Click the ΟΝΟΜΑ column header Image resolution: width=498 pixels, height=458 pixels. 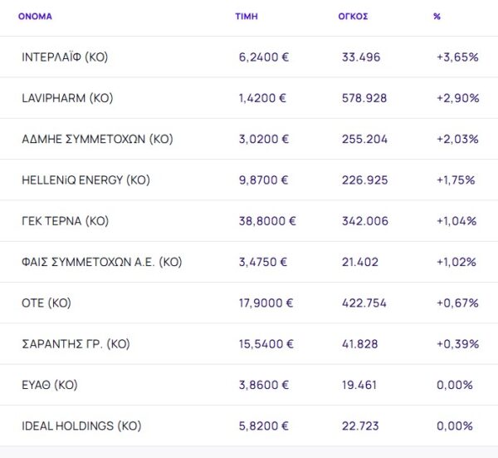35,17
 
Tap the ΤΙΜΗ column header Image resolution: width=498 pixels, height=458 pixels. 247,17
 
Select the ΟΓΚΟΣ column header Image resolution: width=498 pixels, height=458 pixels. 354,17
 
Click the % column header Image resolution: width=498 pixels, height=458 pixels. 437,17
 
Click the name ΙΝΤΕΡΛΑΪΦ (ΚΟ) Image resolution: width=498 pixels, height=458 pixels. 65,57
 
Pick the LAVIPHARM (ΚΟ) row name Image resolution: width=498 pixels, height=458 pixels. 67,98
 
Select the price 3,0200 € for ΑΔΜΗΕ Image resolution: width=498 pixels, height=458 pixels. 263,139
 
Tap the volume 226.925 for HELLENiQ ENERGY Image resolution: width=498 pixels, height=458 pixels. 364,180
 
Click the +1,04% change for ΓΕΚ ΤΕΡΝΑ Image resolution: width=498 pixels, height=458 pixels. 457,221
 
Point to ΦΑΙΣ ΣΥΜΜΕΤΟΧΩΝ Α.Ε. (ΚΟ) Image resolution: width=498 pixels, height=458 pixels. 101,262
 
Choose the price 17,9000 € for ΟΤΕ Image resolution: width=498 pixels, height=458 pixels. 266,303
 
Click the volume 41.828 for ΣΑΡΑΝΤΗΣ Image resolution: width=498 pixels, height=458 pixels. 361,344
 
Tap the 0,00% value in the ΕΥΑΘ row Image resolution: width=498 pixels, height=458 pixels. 456,386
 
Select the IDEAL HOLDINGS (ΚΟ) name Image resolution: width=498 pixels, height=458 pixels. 81,426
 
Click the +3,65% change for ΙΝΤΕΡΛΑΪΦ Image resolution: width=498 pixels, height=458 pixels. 457,57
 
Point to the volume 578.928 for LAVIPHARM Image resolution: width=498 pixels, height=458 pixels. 364,98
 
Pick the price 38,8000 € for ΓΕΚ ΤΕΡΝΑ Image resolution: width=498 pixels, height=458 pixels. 266,221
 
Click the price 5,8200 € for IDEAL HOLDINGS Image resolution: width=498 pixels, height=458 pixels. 263,426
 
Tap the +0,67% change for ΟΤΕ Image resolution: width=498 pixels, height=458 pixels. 457,303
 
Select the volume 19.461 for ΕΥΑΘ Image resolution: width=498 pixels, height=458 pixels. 361,386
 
